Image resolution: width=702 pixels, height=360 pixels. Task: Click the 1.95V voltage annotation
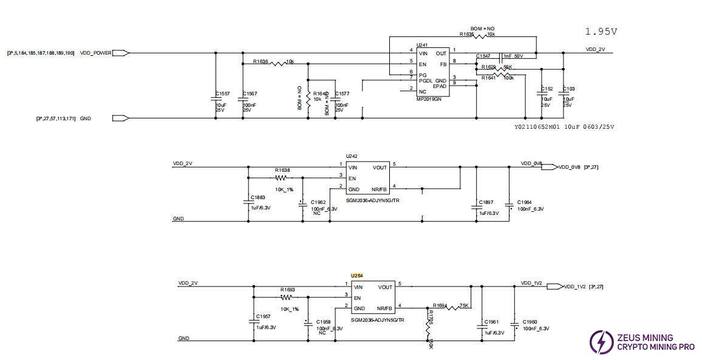click(x=601, y=32)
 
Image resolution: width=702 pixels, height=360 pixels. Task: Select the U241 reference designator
click(x=421, y=45)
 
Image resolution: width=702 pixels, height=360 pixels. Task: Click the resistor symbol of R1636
click(x=278, y=63)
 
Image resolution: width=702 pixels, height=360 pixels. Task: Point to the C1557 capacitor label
click(x=222, y=93)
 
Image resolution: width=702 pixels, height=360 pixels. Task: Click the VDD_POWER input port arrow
click(x=121, y=53)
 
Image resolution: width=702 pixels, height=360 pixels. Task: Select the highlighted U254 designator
click(x=357, y=276)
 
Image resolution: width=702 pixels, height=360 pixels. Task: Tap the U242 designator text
click(x=352, y=156)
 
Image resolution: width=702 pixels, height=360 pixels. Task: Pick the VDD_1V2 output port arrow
click(x=555, y=287)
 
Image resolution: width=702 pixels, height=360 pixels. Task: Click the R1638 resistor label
click(x=282, y=170)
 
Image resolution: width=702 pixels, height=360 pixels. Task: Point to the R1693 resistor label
click(x=287, y=290)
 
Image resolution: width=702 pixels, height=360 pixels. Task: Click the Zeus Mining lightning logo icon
click(x=601, y=342)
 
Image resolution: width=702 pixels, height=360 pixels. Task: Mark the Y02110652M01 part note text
click(x=537, y=127)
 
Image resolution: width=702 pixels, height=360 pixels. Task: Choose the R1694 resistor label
click(x=440, y=306)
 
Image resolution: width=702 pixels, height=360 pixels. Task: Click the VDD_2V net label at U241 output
click(x=595, y=49)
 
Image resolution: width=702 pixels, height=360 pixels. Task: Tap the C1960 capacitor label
click(x=529, y=322)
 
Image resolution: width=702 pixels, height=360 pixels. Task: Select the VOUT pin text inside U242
click(x=380, y=168)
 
